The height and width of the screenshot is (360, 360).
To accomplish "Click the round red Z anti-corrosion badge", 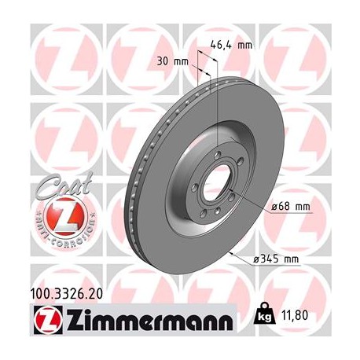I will click(x=56, y=216).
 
